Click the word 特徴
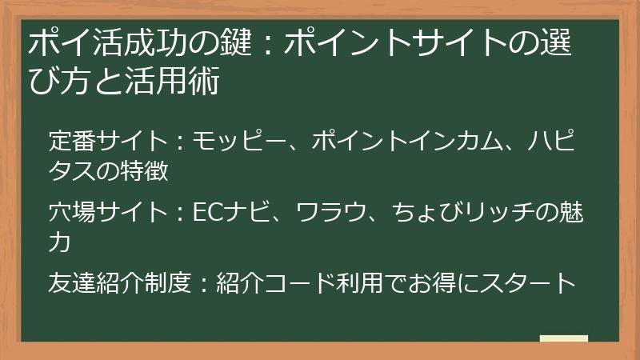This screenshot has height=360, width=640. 145,172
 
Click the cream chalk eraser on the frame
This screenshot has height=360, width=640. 563,339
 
